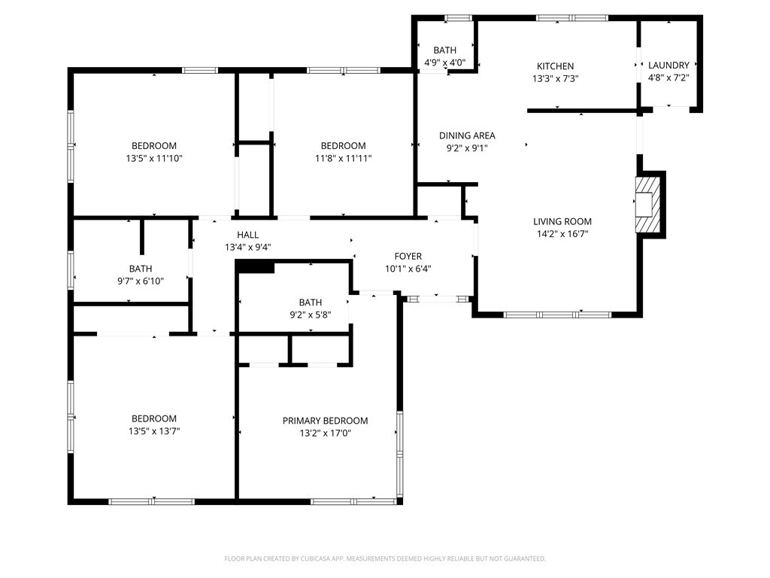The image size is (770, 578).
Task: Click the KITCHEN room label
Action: (555, 66)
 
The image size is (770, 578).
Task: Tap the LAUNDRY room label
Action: (668, 65)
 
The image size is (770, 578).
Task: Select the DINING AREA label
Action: (467, 135)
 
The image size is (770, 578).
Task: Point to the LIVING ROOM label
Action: (562, 222)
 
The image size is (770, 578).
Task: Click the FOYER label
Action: (408, 256)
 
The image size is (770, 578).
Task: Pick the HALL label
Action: (247, 235)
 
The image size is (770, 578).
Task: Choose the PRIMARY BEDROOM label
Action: (325, 421)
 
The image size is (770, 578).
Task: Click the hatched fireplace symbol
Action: (648, 205)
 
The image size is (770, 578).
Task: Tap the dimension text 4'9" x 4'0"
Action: (445, 63)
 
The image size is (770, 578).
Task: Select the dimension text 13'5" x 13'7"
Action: (154, 431)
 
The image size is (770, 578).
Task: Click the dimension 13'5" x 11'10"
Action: (154, 158)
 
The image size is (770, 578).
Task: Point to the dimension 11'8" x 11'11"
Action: (343, 158)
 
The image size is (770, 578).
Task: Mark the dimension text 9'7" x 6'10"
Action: (141, 281)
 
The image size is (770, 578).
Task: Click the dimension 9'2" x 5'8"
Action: (311, 315)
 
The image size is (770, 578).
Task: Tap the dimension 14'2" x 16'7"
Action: (562, 234)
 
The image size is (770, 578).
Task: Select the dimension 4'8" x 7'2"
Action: (668, 78)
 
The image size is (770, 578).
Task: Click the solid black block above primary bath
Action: (256, 267)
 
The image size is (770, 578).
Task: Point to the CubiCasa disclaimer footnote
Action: (385, 559)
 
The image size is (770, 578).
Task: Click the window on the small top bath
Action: (459, 18)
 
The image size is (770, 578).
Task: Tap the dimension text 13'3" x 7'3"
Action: (555, 78)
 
